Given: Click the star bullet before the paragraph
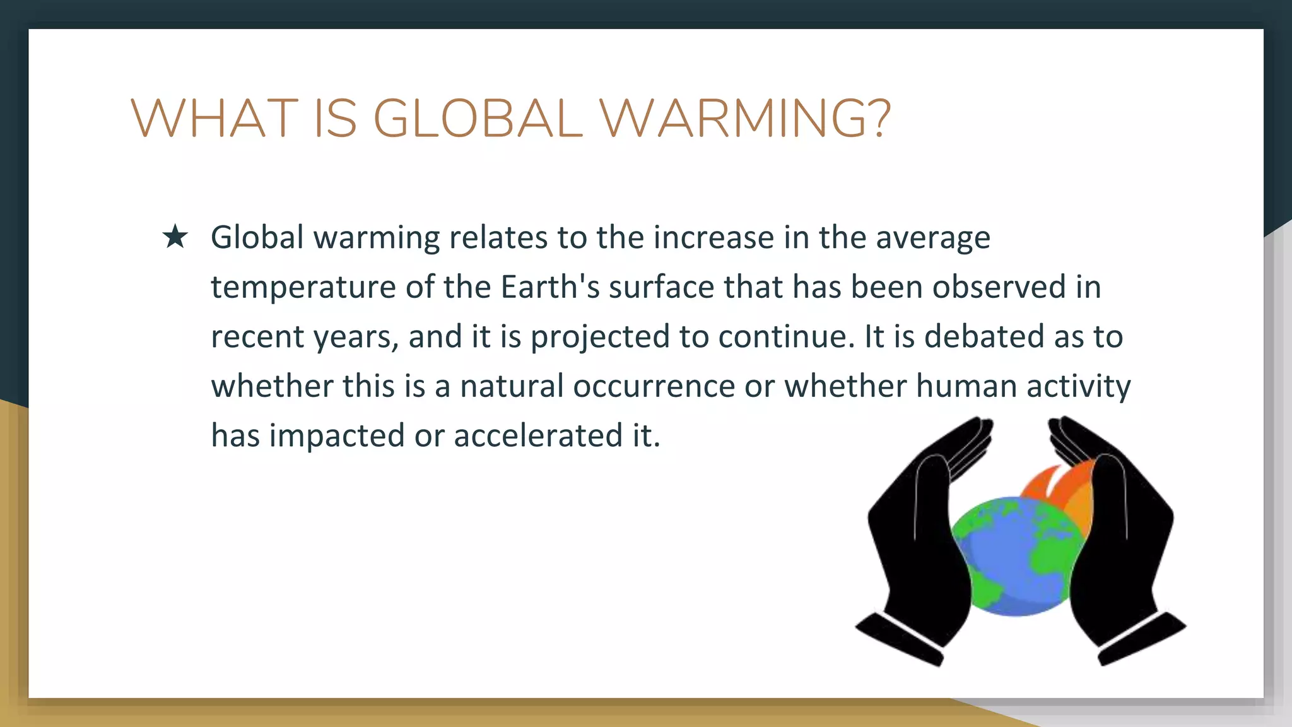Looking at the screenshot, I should (175, 237).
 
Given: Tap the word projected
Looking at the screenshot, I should (599, 337).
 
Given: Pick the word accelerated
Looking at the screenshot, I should (538, 435).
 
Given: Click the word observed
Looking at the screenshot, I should (999, 287).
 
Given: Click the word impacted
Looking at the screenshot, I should (337, 436).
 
